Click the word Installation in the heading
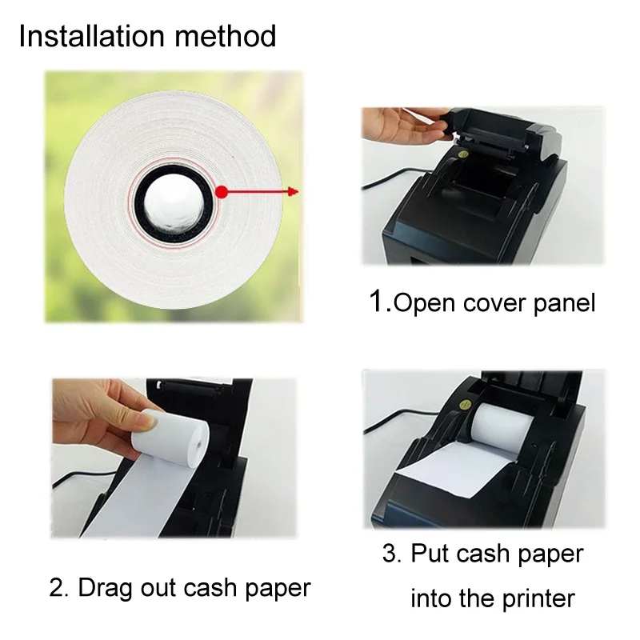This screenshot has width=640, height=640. [91, 36]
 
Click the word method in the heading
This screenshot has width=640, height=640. [226, 36]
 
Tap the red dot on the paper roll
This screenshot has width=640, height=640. [222, 191]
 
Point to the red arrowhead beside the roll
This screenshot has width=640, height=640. [293, 191]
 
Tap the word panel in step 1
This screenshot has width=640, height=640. [565, 304]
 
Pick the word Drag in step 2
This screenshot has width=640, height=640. [106, 589]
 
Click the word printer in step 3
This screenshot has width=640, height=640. [538, 600]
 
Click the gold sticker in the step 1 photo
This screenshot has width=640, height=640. [463, 154]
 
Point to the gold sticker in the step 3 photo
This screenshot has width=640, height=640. [465, 406]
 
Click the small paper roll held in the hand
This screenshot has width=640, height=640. [170, 435]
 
